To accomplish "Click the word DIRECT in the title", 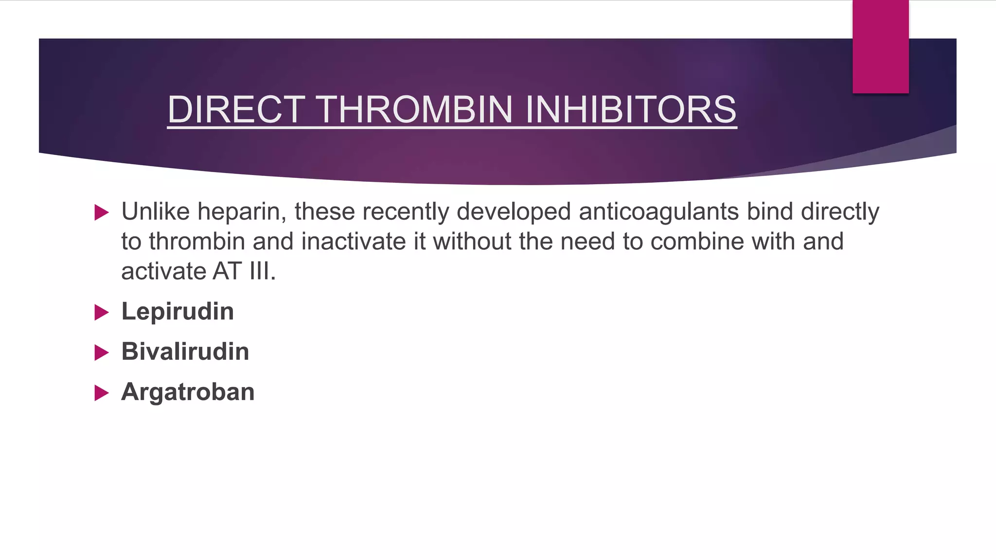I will click(x=236, y=109).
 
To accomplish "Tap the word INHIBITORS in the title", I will click(x=631, y=109).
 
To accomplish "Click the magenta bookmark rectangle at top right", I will click(x=880, y=46).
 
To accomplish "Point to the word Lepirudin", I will click(x=178, y=312).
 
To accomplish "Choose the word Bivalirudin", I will click(x=185, y=351).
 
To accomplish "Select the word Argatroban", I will click(x=188, y=392).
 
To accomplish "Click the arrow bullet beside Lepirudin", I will click(x=101, y=312).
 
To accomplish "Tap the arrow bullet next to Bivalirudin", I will click(x=101, y=352).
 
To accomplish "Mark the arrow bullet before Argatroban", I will click(x=101, y=393).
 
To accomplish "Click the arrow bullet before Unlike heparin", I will click(x=101, y=212).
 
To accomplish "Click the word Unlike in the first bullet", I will click(x=155, y=211).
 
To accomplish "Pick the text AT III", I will click(x=244, y=271).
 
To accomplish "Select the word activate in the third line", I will click(x=163, y=271).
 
